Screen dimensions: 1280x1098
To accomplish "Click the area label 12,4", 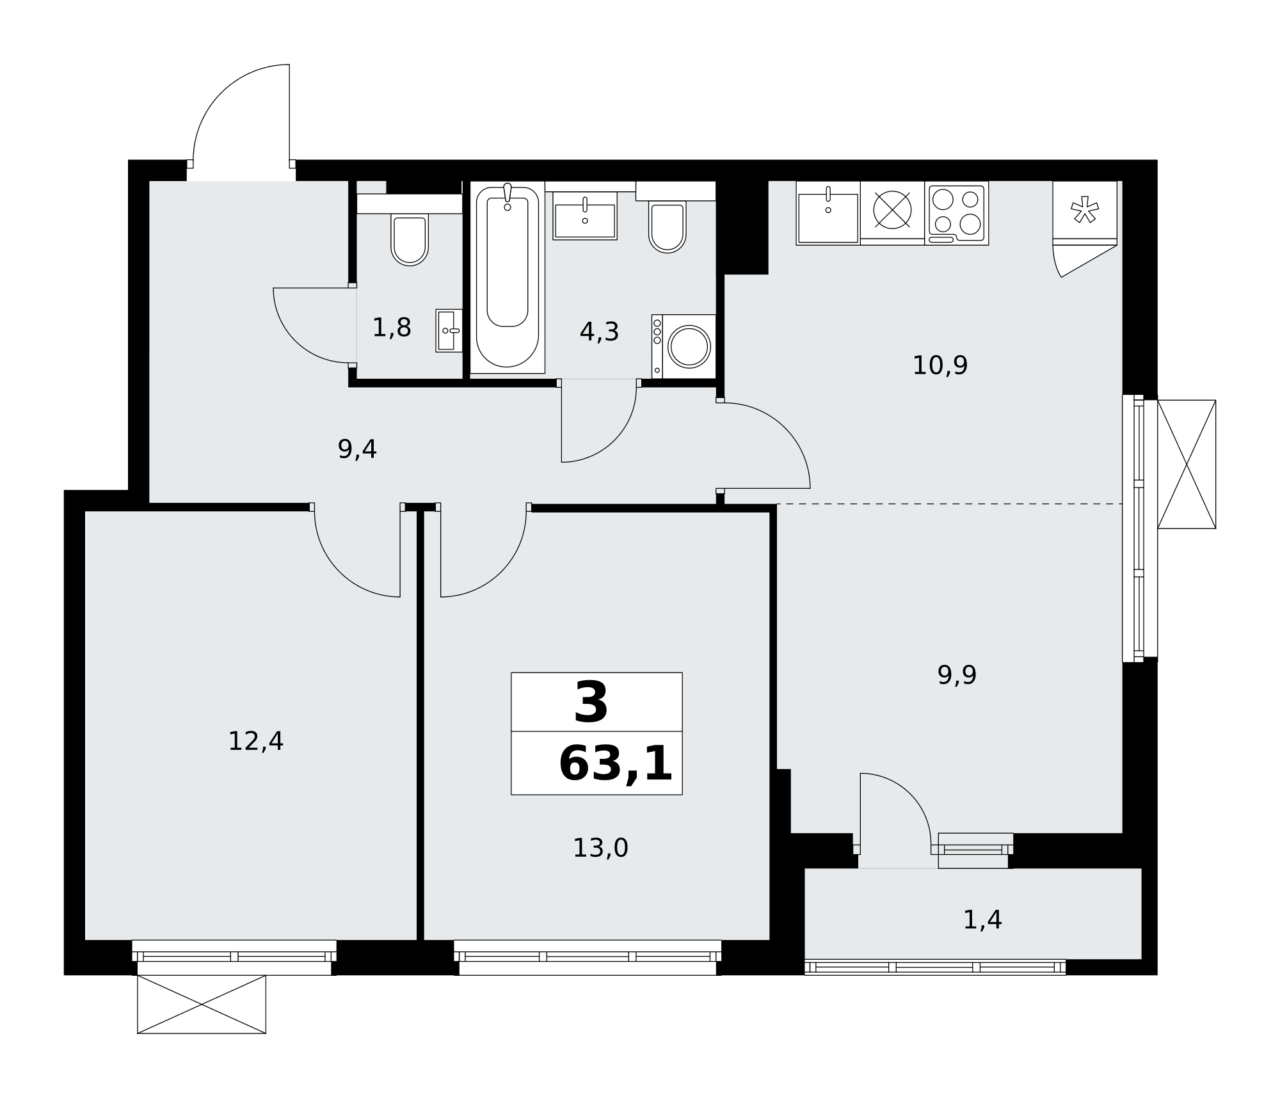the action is pos(255,742).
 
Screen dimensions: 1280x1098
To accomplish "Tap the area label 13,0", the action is pos(600,848).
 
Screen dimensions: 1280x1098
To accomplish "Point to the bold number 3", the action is pos(591,703).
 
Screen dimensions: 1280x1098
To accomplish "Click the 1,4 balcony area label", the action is pos(982,920).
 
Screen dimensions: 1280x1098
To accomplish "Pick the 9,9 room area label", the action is pos(957,675).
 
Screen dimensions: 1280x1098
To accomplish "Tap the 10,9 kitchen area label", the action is pos(940,365).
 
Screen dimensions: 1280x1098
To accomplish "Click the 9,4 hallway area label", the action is pos(357,449).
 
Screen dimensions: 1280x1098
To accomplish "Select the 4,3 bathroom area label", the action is pos(599,331).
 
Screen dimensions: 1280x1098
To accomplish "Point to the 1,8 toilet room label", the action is pos(392,328).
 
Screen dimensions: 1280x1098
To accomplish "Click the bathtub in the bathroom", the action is pos(508,276).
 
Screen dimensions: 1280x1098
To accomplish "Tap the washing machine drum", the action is pos(689,346).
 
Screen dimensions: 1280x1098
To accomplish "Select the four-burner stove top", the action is pos(957,213).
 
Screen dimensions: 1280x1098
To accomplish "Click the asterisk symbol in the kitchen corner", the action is pos(1085,210).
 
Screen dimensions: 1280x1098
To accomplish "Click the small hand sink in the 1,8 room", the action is pos(449,331).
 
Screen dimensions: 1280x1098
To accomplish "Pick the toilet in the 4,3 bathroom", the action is pos(668,227).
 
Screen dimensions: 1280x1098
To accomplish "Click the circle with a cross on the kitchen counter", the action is pos(892,210).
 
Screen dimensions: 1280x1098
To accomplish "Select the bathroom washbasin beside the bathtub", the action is pos(585,216).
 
